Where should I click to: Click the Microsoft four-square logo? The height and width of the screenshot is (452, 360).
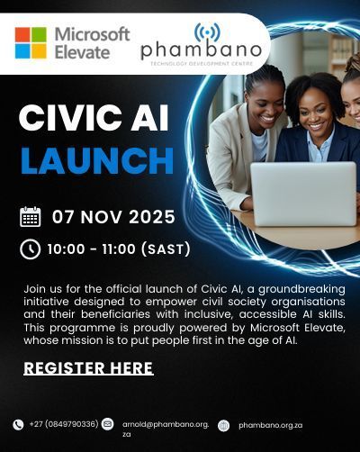[x=31, y=42]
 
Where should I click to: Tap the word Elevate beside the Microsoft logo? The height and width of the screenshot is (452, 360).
[x=81, y=52]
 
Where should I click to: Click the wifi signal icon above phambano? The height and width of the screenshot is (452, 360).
[x=206, y=32]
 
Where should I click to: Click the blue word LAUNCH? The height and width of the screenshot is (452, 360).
[x=96, y=160]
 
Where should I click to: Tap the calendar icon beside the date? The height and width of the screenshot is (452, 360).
[x=31, y=217]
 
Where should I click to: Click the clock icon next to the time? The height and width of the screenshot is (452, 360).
[x=31, y=249]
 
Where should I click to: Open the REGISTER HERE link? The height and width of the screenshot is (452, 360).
[x=88, y=367]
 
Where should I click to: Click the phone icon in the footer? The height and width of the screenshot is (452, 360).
[x=18, y=424]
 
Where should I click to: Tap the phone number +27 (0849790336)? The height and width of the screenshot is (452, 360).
[x=62, y=424]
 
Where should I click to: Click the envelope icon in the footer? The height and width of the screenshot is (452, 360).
[x=108, y=424]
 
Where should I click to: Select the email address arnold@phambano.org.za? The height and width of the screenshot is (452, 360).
[x=165, y=428]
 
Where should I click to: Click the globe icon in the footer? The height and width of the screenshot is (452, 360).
[x=223, y=425]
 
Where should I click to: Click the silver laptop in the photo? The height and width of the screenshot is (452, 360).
[x=302, y=194]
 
